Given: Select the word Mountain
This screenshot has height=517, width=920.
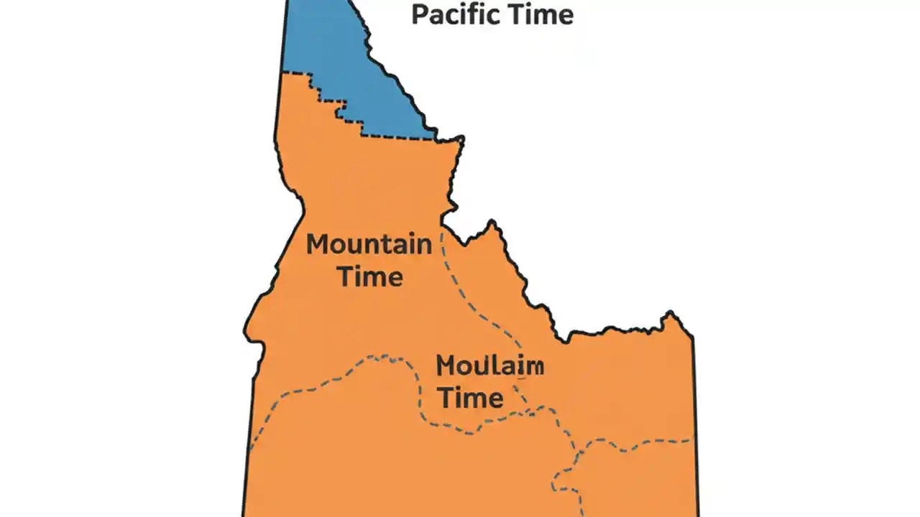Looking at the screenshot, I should click(369, 244).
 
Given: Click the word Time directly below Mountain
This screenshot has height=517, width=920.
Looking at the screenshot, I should click(370, 276).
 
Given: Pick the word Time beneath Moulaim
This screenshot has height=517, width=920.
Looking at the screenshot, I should click(471, 397).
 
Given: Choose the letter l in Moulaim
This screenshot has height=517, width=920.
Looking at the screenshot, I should click(496, 366).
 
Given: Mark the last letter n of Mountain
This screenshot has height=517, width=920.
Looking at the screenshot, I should click(423, 246).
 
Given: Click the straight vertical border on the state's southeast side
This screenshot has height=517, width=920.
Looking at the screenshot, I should click(695, 402).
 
